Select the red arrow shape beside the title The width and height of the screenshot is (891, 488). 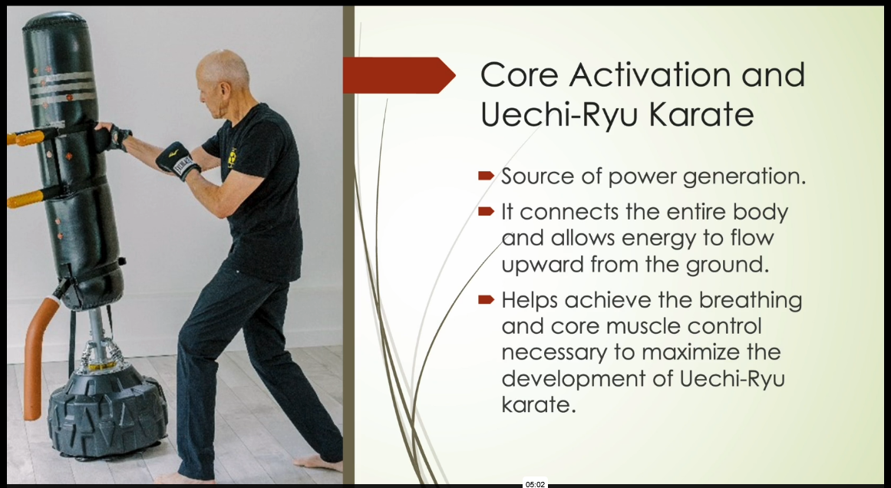pyautogui.click(x=399, y=75)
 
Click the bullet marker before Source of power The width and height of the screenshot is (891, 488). pyautogui.click(x=487, y=176)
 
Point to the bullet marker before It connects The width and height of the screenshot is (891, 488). pyautogui.click(x=487, y=212)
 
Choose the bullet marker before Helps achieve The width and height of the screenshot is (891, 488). pyautogui.click(x=487, y=300)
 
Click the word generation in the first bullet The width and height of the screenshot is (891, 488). pyautogui.click(x=744, y=177)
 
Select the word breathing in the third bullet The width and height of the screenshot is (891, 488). pyautogui.click(x=751, y=301)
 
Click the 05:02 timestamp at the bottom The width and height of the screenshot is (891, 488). pyautogui.click(x=535, y=484)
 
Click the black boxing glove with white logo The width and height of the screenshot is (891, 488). pyautogui.click(x=178, y=161)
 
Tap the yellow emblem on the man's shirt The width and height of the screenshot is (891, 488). pyautogui.click(x=232, y=158)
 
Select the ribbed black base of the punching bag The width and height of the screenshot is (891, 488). pyautogui.click(x=107, y=411)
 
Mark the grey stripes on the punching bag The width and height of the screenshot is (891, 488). pyautogui.click(x=62, y=89)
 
